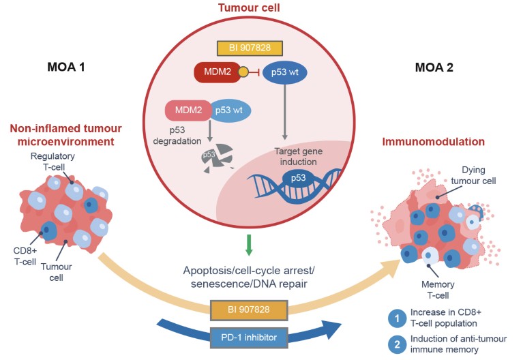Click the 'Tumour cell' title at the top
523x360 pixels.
pyautogui.click(x=261, y=9)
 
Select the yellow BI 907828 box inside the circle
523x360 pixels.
pyautogui.click(x=261, y=49)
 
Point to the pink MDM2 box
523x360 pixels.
pyautogui.click(x=185, y=110)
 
